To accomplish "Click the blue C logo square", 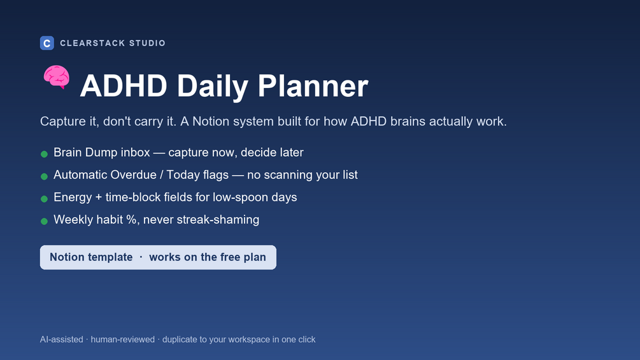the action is point(47,43).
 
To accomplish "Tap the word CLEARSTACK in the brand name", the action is point(92,43).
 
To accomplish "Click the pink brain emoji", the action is point(57,76).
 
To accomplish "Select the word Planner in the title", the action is point(313,86).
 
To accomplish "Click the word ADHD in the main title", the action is point(124,86).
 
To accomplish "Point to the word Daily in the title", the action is point(212,87).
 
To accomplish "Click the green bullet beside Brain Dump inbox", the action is point(44,154).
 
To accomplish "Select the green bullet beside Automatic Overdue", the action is point(44,176).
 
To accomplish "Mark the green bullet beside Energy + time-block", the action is point(44,199).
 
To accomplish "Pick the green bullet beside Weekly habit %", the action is point(44,221).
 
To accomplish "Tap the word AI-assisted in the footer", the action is point(62,340).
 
